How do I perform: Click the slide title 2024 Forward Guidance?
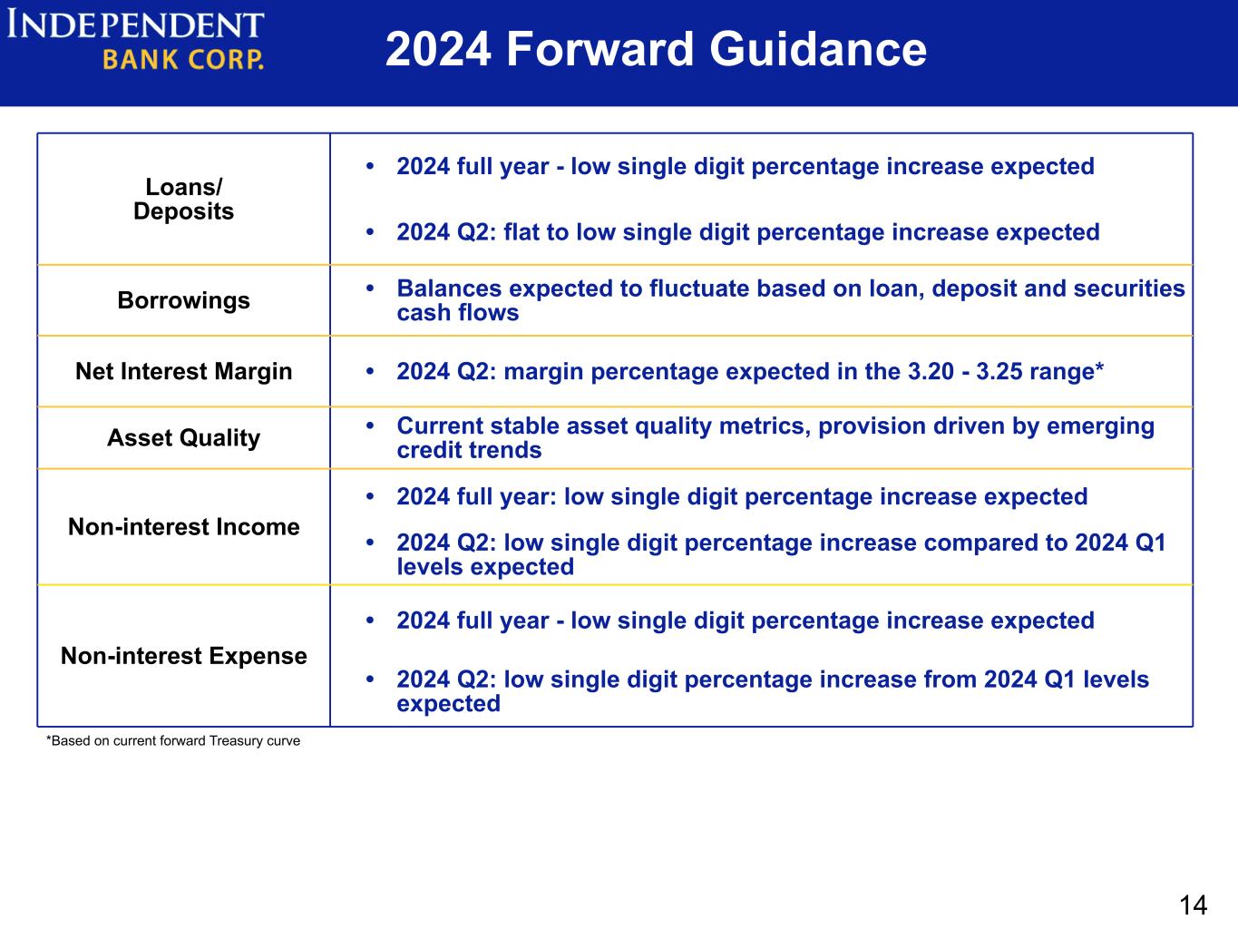tap(656, 49)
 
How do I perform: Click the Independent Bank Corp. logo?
tap(135, 40)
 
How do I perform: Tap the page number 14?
tap(1193, 905)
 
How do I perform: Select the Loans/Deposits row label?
tap(183, 199)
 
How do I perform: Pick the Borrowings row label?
tap(183, 300)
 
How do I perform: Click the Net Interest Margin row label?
tap(183, 371)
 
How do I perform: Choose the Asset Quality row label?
tap(183, 437)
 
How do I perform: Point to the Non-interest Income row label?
tap(183, 527)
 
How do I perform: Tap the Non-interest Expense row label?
tap(183, 656)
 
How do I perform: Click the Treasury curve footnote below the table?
tap(173, 740)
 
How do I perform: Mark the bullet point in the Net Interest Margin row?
tap(370, 371)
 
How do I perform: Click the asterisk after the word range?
tap(1099, 367)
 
